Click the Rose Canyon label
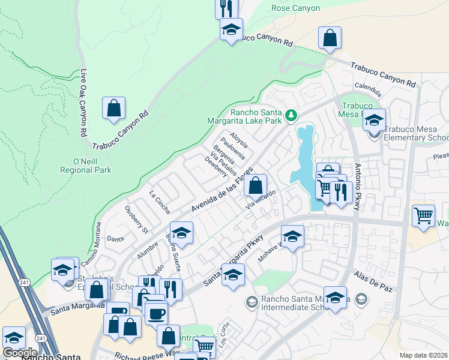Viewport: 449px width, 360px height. tap(296, 8)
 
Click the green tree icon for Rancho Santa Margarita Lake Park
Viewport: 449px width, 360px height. tap(291, 114)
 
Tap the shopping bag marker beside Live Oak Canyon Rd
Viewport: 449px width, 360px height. tap(113, 109)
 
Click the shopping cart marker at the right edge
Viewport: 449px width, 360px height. tap(424, 214)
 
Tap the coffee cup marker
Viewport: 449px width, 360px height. tap(157, 313)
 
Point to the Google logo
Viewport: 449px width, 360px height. tap(20, 352)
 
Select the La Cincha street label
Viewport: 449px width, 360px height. tap(160, 202)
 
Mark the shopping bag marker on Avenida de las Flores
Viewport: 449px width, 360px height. tap(256, 184)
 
